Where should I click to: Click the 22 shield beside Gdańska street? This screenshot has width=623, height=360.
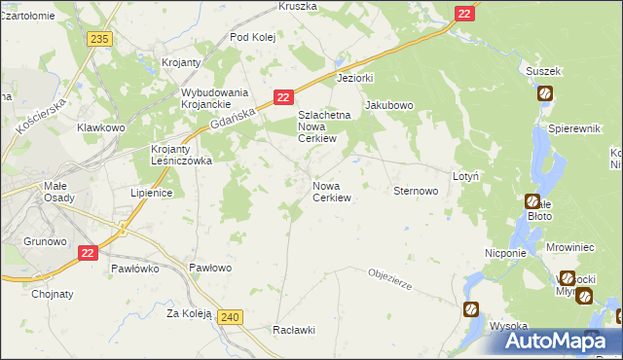click(282, 97)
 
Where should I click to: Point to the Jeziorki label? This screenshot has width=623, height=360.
click(355, 77)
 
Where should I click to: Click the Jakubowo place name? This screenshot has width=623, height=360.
click(389, 105)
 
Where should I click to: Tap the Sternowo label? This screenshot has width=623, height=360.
click(416, 192)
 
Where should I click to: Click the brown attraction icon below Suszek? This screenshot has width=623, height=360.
click(545, 93)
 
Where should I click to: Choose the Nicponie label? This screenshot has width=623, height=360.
click(505, 252)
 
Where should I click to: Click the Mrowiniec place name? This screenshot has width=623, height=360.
click(570, 248)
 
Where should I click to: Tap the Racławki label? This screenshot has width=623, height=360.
click(295, 329)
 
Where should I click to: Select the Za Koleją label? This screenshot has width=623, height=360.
click(189, 313)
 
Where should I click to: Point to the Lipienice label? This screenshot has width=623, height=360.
click(152, 193)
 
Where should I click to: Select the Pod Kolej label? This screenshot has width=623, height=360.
click(254, 37)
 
